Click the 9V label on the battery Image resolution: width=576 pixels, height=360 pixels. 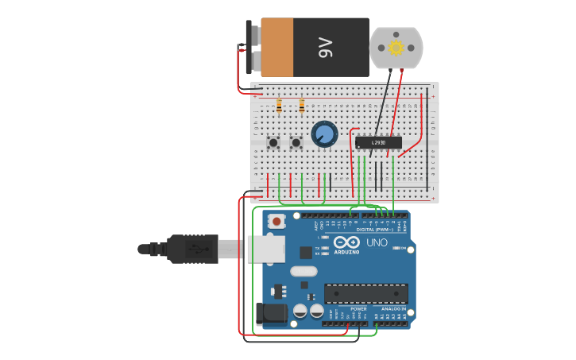(325, 48)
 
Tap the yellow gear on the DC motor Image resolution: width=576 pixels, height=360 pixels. (396, 48)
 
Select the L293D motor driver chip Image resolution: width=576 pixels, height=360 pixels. (378, 143)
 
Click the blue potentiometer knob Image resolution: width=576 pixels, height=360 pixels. (324, 134)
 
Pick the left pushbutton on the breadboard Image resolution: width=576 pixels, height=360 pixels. (273, 143)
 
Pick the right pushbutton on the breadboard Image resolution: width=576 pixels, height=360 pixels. (296, 143)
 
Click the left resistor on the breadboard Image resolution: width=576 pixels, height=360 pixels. (279, 104)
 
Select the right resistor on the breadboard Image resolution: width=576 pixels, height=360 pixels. (302, 104)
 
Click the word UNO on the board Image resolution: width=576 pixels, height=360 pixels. (377, 242)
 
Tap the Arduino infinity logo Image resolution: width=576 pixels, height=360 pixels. (346, 242)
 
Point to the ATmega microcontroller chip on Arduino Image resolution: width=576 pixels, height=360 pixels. (365, 293)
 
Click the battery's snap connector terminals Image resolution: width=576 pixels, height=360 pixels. (249, 48)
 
